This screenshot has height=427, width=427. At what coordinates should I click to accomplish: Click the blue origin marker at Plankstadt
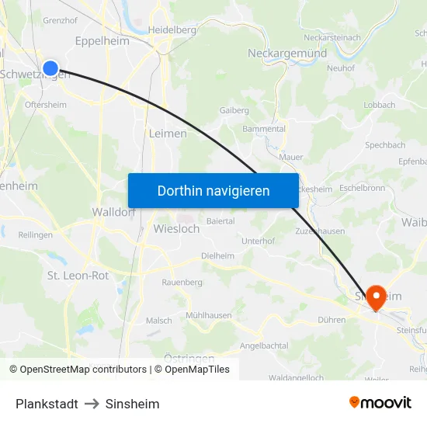click(50, 68)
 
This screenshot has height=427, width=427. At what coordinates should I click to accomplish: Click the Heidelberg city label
click(172, 30)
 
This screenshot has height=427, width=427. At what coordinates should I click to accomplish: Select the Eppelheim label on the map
click(102, 40)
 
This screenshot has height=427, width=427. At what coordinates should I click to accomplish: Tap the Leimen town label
click(168, 134)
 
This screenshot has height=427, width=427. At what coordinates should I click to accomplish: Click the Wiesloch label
click(176, 229)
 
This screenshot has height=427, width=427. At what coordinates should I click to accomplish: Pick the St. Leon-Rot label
click(78, 276)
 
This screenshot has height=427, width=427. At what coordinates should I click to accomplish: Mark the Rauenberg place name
click(182, 283)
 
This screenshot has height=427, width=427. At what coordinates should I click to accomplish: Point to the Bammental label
click(264, 129)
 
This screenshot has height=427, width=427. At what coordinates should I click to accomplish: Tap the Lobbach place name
click(379, 105)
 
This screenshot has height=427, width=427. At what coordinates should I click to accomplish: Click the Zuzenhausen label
click(320, 231)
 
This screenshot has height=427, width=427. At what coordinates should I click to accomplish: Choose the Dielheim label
click(217, 255)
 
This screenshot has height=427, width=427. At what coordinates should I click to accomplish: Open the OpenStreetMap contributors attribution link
click(83, 370)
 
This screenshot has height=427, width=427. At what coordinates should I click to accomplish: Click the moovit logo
click(380, 403)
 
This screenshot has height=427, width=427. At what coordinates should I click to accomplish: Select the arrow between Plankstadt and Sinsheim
click(92, 404)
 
